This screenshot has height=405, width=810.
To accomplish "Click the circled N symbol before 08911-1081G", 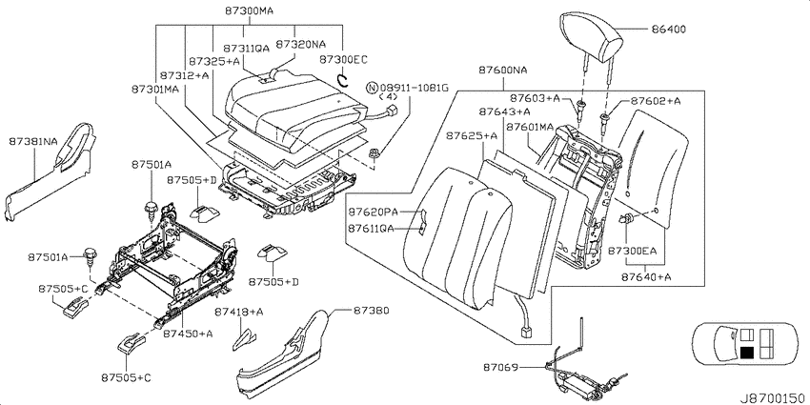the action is (372, 88).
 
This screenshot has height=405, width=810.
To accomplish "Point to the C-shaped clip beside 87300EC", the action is (341, 79).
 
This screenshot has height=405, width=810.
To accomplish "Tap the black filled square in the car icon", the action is (746, 353).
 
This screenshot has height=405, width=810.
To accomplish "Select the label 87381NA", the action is (33, 141).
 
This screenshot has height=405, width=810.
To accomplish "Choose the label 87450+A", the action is (188, 334).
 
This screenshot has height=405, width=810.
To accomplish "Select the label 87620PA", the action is (373, 212).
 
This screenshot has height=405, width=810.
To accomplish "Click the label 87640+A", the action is (647, 277).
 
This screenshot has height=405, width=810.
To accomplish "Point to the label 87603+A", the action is (535, 97).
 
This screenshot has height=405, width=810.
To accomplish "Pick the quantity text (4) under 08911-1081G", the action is (388, 96).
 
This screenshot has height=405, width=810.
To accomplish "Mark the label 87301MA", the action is (155, 90).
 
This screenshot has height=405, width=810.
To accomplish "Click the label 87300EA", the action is (633, 251).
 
